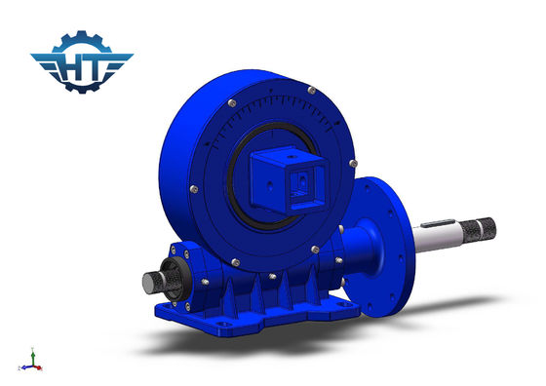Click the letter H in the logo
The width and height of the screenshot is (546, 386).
pos(71,67)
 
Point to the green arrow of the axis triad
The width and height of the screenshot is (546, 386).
pos(33,356)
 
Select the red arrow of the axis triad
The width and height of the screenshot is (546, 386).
pos(37,367)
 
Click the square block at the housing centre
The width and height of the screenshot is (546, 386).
pos(288,180)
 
